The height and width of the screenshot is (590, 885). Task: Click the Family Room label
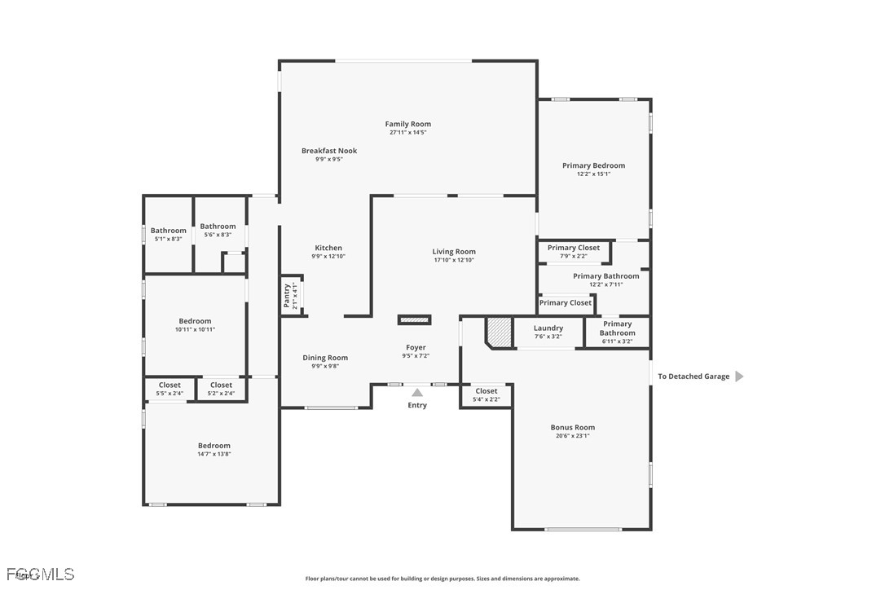408,124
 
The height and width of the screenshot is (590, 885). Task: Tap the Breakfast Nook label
329,151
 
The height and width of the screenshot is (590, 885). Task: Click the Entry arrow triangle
417,392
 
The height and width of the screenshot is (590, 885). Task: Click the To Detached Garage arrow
739,376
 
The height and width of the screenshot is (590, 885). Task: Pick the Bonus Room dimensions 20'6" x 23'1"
572,436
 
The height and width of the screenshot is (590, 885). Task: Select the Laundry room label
548,328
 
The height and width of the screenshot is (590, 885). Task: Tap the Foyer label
416,348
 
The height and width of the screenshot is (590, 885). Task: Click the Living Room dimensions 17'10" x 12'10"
454,260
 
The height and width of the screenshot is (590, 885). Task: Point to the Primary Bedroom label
593,165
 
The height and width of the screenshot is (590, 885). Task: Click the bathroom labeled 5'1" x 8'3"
168,234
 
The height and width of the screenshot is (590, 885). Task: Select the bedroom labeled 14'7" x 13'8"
214,449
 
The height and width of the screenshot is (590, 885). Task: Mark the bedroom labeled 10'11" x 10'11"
195,324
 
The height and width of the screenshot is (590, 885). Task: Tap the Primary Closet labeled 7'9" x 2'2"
574,251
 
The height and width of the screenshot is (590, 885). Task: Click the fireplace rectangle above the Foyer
414,319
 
